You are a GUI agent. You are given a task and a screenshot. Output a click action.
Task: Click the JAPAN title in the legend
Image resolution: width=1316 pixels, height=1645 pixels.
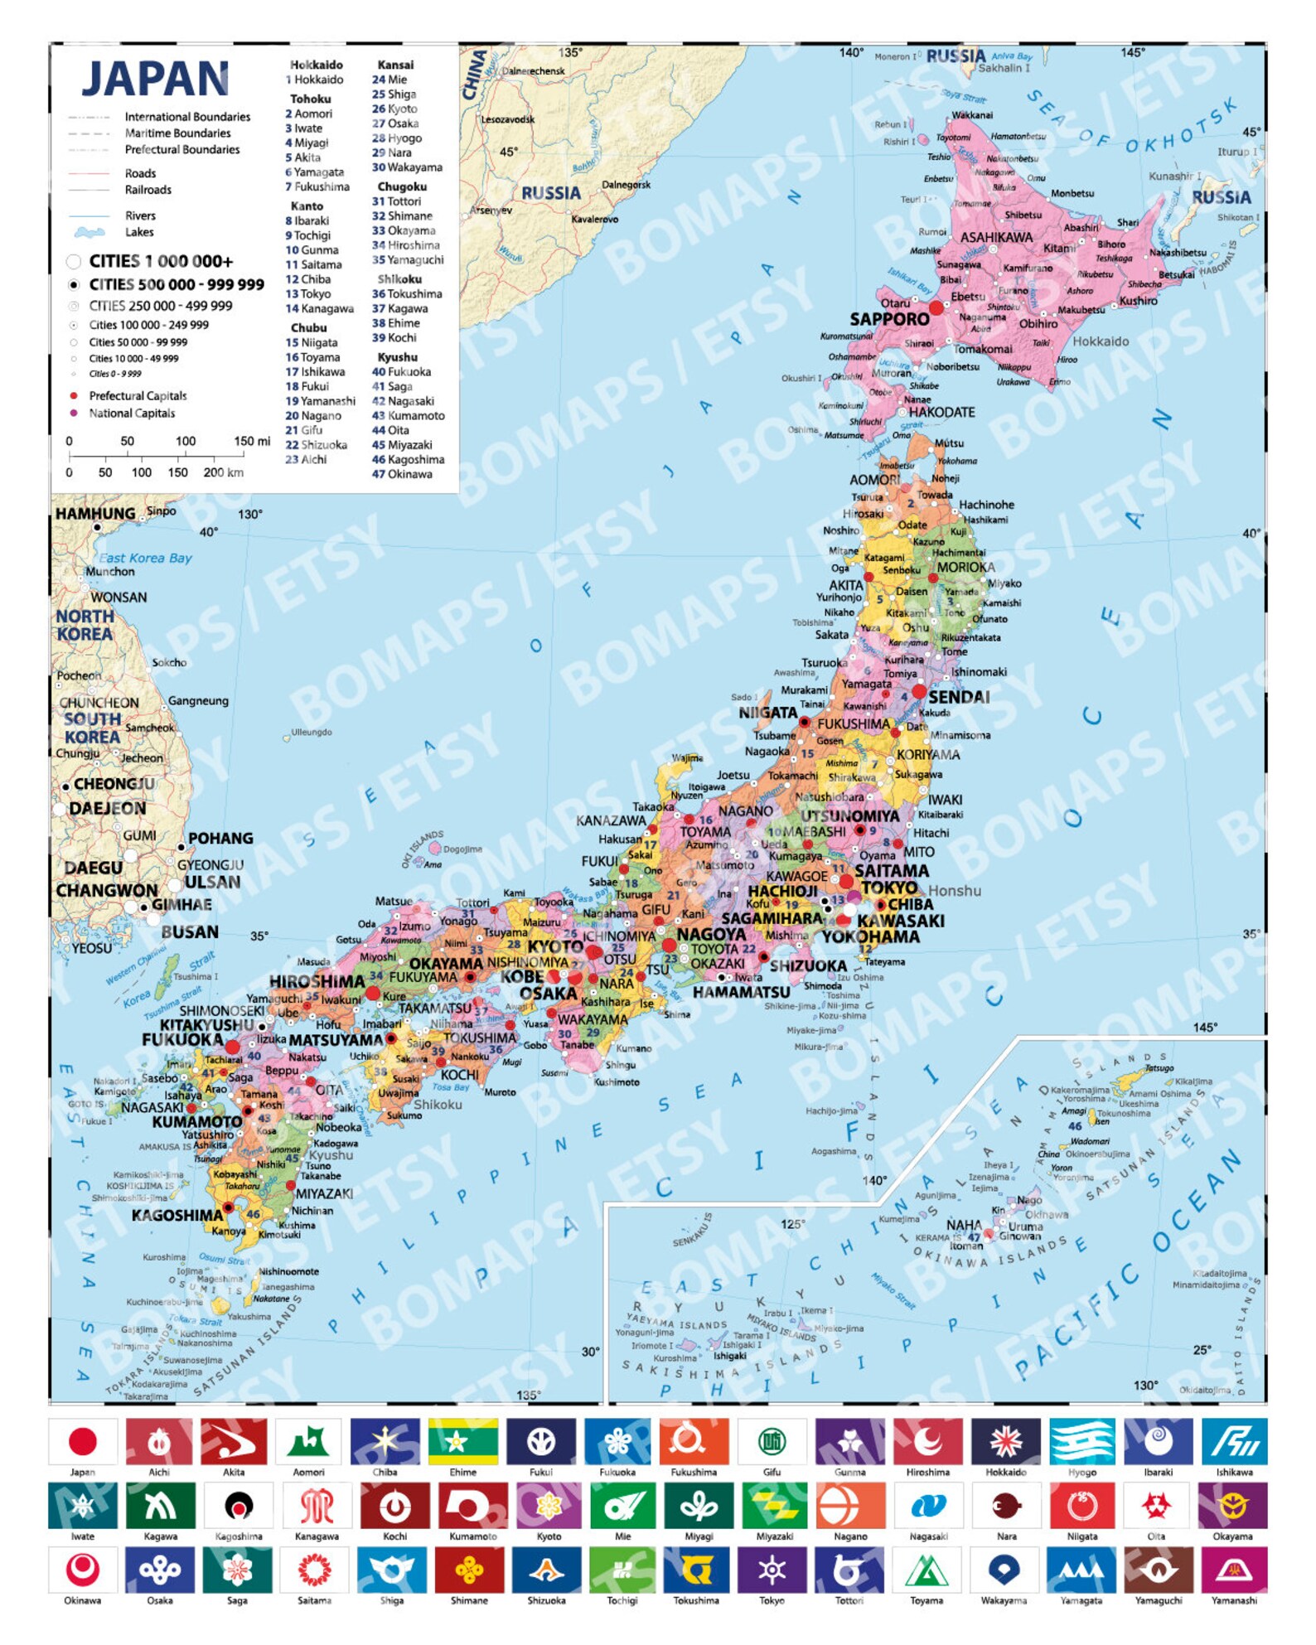click(155, 80)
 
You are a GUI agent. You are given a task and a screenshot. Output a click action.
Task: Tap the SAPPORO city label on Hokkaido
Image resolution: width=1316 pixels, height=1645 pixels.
click(888, 319)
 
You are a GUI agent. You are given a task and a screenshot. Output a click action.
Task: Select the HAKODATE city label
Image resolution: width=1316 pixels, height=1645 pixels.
click(941, 412)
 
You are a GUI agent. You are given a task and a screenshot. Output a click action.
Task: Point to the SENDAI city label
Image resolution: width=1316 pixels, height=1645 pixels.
click(958, 697)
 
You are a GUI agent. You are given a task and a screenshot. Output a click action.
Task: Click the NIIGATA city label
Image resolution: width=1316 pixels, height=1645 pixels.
click(767, 713)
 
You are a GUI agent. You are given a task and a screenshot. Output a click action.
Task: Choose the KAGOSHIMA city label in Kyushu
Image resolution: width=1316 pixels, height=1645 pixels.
click(177, 1215)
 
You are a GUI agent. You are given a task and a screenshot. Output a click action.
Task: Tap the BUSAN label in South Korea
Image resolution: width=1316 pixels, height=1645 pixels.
click(190, 931)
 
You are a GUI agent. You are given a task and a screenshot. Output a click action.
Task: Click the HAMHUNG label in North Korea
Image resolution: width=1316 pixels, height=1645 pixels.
click(95, 514)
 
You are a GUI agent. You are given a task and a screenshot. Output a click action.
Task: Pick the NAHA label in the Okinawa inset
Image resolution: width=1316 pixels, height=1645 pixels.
click(964, 1224)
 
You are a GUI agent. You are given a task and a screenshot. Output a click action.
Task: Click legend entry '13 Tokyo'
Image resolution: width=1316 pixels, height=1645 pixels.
click(308, 294)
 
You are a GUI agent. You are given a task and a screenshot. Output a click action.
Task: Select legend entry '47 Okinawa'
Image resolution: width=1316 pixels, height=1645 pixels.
click(402, 474)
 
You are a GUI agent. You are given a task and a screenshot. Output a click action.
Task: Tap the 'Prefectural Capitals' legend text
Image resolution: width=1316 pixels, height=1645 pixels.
click(138, 396)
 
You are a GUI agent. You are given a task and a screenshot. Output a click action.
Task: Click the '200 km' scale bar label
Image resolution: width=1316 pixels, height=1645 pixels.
click(223, 472)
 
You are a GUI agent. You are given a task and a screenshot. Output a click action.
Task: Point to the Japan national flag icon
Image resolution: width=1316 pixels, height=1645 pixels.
click(82, 1441)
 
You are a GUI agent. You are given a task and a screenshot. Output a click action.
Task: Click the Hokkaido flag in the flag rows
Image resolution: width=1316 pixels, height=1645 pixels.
click(1004, 1441)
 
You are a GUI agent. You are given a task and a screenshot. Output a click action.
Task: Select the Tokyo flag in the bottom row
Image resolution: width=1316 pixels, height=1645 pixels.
click(772, 1570)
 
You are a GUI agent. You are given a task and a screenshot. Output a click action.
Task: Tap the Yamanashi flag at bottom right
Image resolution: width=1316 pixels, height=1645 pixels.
click(1233, 1570)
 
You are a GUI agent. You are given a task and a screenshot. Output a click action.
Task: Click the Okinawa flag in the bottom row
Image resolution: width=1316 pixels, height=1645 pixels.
click(82, 1570)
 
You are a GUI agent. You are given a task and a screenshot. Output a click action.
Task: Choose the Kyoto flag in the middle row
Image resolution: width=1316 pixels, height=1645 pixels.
click(549, 1506)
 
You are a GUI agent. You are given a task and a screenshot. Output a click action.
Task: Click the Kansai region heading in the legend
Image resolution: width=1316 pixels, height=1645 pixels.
click(395, 65)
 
